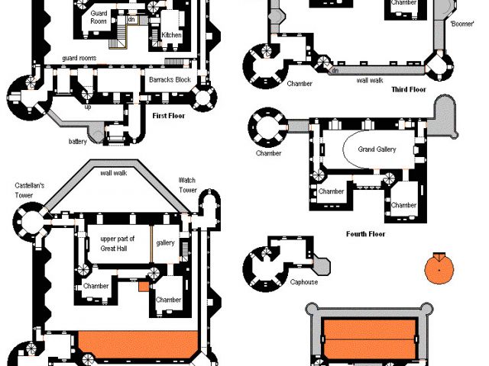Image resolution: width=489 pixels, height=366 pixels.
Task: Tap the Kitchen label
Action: (x=172, y=35)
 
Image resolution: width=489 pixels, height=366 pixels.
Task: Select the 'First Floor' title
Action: (x=170, y=116)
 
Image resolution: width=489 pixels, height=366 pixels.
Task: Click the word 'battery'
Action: (x=77, y=140)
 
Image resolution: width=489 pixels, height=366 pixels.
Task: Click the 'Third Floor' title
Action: (x=409, y=89)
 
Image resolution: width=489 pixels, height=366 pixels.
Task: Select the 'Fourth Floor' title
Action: (x=365, y=234)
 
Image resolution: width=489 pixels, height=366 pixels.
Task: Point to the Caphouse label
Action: (x=303, y=282)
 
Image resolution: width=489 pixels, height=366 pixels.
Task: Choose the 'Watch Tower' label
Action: (x=187, y=185)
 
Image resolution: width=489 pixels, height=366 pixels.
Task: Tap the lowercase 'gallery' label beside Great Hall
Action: (x=166, y=242)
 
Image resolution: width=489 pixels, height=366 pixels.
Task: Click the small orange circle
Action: (x=439, y=268)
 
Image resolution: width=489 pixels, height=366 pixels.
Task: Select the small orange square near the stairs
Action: (x=143, y=287)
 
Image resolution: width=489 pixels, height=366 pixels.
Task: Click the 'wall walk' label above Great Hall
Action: (x=115, y=172)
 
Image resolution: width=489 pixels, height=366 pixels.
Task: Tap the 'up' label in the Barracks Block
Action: (x=87, y=107)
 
